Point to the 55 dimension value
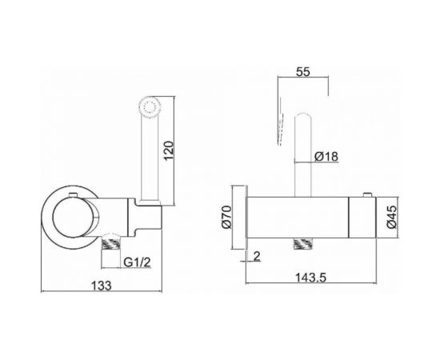click(303, 70)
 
